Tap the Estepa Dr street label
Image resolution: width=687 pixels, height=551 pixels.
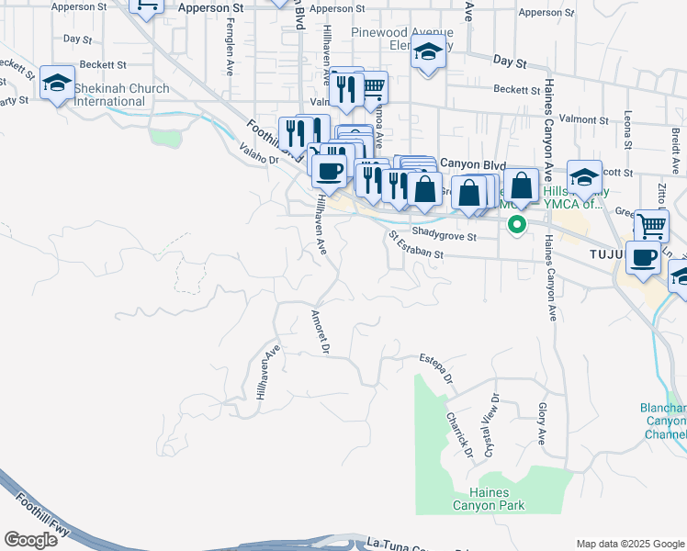point(436,366)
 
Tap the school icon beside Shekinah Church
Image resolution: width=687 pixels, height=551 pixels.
point(57,84)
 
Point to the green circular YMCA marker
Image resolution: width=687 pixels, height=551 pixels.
point(517,224)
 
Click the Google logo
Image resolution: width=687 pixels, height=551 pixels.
point(30,540)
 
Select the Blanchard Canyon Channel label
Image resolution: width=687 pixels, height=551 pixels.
point(663,421)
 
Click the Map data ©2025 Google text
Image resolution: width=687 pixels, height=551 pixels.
point(629,543)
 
